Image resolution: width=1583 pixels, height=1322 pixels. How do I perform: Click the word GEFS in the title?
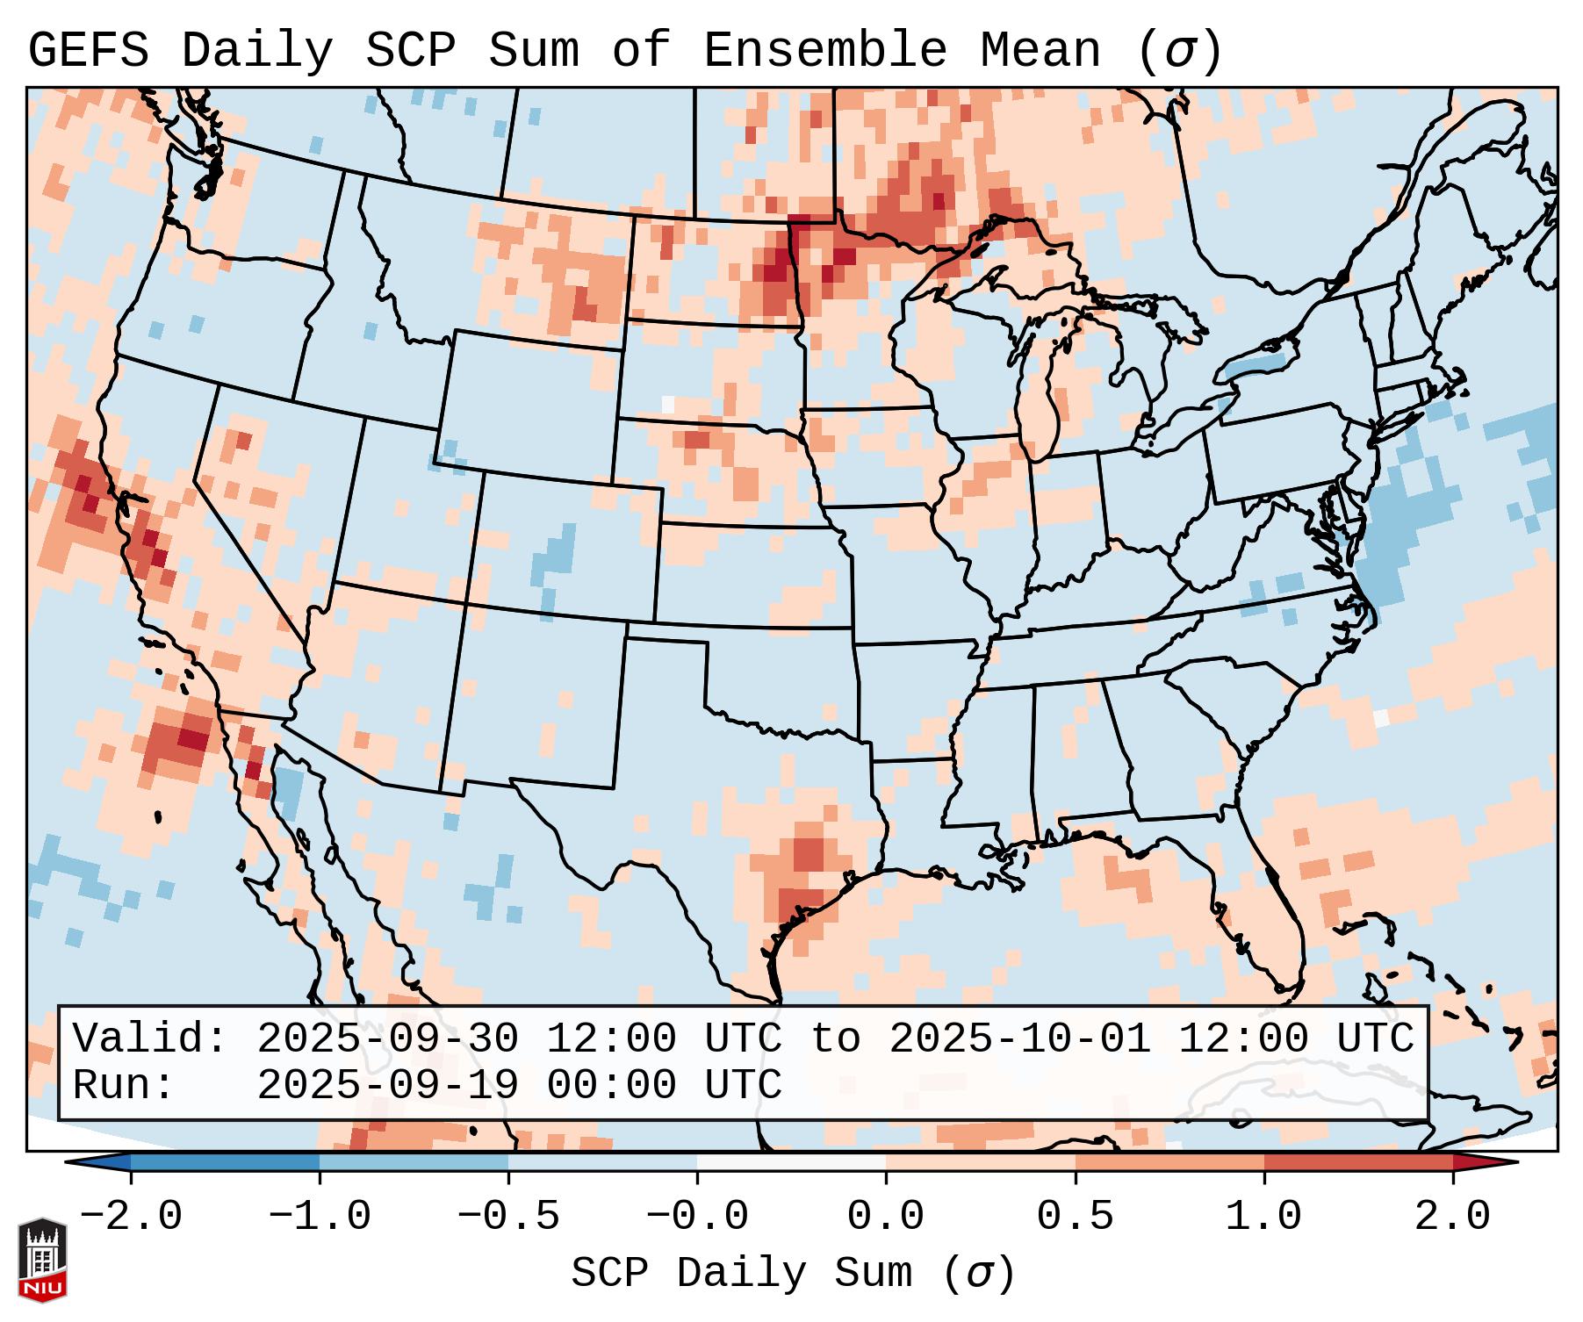tap(89, 51)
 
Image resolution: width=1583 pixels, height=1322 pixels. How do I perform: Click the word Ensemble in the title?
tap(824, 51)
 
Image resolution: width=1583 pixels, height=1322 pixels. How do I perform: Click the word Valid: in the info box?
tap(150, 1039)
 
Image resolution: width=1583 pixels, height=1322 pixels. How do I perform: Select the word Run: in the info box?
tap(124, 1085)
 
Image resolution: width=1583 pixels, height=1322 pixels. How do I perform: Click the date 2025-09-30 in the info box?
tap(387, 1039)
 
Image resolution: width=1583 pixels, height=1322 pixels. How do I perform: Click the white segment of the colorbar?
tap(791, 1162)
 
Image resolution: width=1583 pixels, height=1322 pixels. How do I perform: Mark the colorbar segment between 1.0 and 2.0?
tap(1357, 1162)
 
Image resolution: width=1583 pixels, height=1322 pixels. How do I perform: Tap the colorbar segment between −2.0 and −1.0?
tap(225, 1162)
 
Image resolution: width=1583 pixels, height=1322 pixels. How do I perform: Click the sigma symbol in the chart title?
tap(1179, 51)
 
